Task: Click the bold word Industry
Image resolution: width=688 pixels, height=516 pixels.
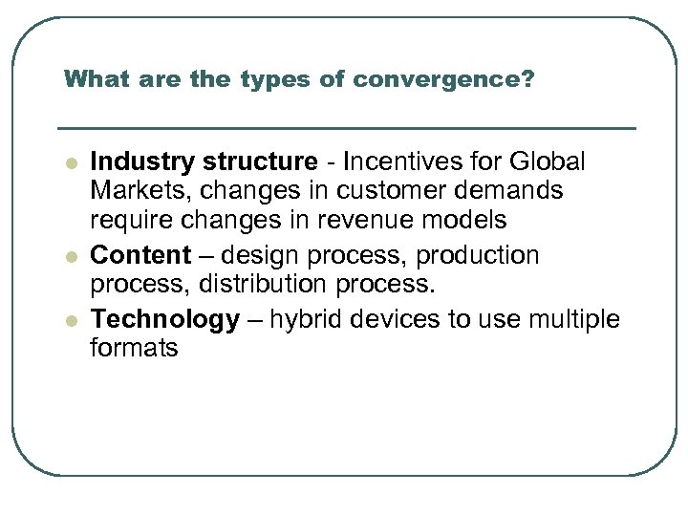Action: tap(141, 161)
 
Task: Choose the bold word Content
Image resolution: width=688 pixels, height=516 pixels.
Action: tap(140, 255)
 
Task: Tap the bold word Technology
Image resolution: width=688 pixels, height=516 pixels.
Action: tap(164, 319)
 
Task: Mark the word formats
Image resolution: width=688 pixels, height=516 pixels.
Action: tap(134, 348)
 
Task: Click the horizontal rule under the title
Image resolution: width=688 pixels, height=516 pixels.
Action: tap(346, 128)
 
